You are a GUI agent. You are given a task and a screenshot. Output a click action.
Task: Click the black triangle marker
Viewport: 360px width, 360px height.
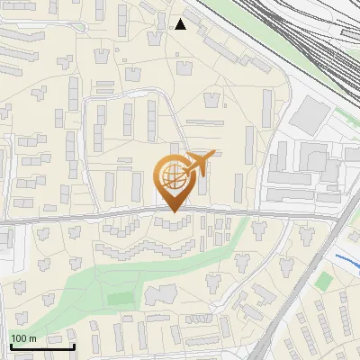(x=181, y=24)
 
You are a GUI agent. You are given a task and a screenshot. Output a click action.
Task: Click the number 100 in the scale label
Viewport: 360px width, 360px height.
(x=20, y=338)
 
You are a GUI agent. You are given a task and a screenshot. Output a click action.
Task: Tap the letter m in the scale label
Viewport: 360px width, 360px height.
(x=33, y=338)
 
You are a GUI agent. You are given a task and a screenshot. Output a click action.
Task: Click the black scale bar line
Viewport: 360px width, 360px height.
(x=42, y=346)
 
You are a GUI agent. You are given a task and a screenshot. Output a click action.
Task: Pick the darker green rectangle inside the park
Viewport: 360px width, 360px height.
(x=119, y=297)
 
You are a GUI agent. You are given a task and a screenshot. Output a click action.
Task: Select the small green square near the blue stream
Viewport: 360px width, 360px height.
(x=323, y=281)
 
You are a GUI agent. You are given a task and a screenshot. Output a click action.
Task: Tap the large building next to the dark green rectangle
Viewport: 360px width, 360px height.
(x=162, y=294)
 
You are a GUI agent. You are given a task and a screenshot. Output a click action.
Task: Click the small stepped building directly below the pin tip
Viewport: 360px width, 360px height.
(x=173, y=222)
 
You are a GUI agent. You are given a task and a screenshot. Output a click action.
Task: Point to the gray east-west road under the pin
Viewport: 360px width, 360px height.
(x=90, y=218)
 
